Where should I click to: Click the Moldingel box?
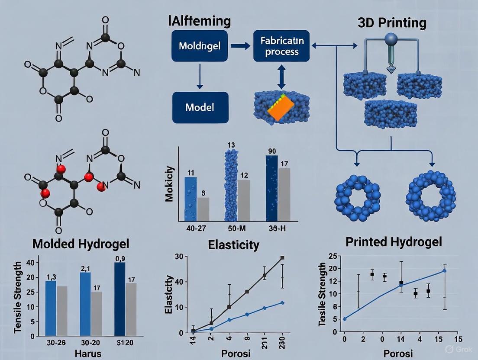click(197, 45)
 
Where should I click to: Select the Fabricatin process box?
click(279, 46)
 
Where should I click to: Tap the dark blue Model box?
click(200, 107)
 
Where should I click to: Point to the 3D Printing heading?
click(392, 22)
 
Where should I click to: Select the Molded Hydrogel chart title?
click(81, 244)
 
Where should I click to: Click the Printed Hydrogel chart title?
click(394, 242)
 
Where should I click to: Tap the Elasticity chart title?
click(233, 245)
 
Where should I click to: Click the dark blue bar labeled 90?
click(271, 188)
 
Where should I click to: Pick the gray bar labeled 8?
click(203, 209)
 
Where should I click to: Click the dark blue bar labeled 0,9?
click(120, 299)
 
